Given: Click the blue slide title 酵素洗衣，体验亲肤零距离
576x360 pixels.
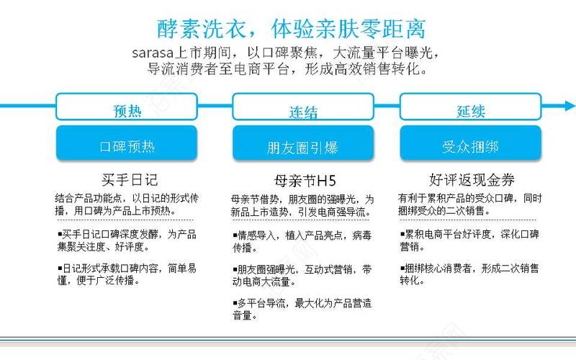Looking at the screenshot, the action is (x=292, y=29).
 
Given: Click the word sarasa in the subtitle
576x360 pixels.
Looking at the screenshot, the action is (x=153, y=53).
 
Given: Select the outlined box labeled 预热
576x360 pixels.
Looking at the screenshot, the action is (x=127, y=107).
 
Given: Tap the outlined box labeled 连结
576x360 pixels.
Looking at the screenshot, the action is (x=303, y=107).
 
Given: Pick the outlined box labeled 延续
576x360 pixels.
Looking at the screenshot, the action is (x=471, y=107).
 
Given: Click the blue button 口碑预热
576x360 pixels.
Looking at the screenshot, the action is (x=127, y=143).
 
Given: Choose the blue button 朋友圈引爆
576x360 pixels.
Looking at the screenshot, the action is (x=303, y=143).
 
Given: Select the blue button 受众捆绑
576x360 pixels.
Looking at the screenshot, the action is (x=471, y=143).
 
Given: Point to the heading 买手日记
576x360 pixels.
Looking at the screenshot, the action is (x=130, y=180).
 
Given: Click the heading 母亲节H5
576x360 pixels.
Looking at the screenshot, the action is (x=305, y=181).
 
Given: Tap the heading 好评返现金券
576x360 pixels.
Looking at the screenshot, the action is (x=472, y=180).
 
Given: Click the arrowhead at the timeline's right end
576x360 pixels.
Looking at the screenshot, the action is (x=570, y=106).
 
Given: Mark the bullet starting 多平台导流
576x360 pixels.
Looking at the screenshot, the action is (x=302, y=310).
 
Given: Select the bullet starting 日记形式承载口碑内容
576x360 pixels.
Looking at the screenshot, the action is (x=127, y=274).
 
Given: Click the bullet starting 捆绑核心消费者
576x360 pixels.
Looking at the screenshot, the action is (x=469, y=274).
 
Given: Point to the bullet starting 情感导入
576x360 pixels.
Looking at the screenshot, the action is (x=302, y=241).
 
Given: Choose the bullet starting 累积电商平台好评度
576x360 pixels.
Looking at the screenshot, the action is (x=469, y=240).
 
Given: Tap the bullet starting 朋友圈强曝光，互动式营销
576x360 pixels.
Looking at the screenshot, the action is (x=302, y=276).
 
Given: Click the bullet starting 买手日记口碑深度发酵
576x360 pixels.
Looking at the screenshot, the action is (x=127, y=240).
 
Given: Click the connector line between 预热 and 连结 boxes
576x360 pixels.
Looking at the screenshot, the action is (x=215, y=106).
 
